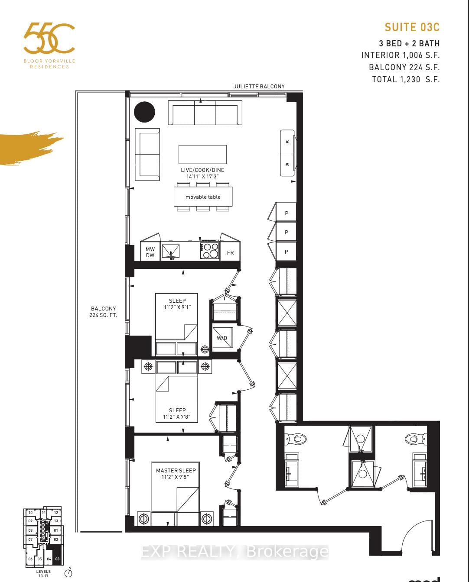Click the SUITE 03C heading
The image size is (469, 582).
tap(412, 27)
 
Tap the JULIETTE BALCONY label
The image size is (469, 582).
tap(259, 86)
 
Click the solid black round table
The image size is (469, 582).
tap(144, 112)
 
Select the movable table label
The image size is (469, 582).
tap(203, 197)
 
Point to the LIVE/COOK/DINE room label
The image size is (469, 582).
tap(202, 170)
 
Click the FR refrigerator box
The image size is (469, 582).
tap(230, 252)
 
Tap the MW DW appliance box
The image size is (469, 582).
tap(150, 252)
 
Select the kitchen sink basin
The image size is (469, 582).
tap(171, 251)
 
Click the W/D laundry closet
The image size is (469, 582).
tap(222, 338)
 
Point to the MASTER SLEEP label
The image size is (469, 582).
tap(176, 470)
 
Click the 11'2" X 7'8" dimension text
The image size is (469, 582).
tap(176, 417)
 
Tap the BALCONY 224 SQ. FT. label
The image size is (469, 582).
tap(103, 312)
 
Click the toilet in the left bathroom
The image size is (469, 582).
tap(296, 439)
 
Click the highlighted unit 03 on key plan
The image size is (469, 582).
tap(57, 559)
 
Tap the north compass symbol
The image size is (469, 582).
tap(68, 573)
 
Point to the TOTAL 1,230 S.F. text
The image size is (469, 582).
tap(406, 79)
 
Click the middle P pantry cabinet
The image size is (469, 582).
tap(286, 233)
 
